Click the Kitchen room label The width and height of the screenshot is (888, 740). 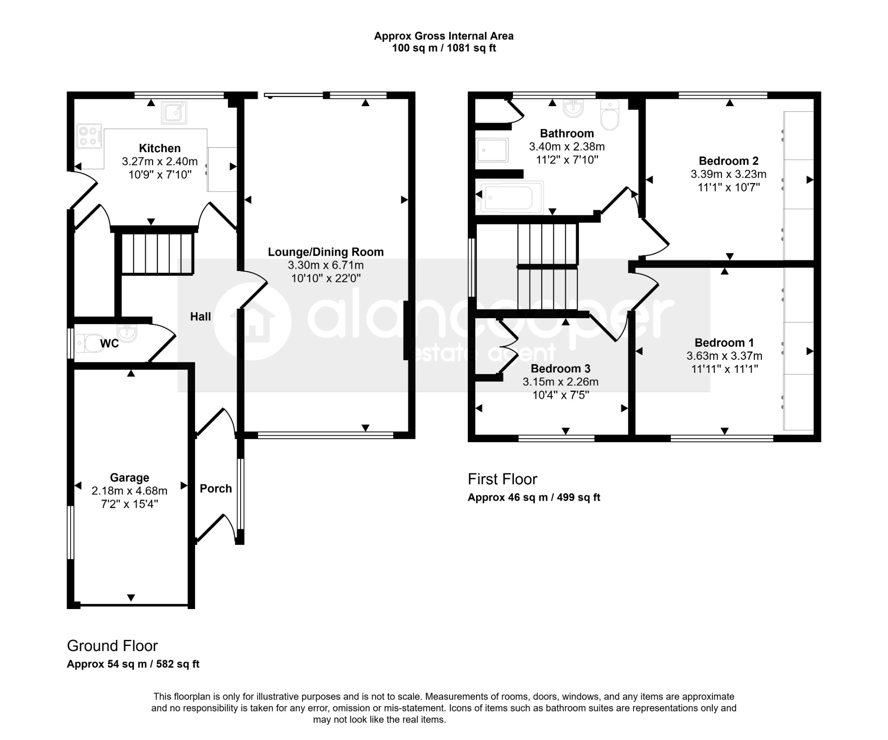tap(160, 148)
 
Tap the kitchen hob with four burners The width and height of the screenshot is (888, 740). tap(89, 136)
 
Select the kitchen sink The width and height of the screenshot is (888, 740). tap(174, 112)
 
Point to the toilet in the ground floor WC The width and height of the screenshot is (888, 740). tap(89, 343)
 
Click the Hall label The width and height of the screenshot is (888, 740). tap(200, 316)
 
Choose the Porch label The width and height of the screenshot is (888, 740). tap(215, 489)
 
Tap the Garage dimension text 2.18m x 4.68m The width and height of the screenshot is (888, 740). tap(129, 491)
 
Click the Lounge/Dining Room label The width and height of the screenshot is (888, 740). tap(326, 252)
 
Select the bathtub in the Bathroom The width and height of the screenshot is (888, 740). tap(510, 198)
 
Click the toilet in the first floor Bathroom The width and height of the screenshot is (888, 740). tap(610, 115)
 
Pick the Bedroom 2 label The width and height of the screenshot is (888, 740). tap(728, 161)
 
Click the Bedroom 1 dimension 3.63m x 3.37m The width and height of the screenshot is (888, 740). tap(724, 356)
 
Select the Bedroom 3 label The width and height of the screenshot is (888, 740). tap(560, 368)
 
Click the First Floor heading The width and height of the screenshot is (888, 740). tap(502, 479)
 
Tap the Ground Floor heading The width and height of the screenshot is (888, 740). tap(112, 646)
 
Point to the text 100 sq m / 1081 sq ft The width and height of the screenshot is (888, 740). tap(444, 48)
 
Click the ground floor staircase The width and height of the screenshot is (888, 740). tap(157, 254)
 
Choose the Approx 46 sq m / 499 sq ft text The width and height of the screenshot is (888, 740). tap(534, 497)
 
